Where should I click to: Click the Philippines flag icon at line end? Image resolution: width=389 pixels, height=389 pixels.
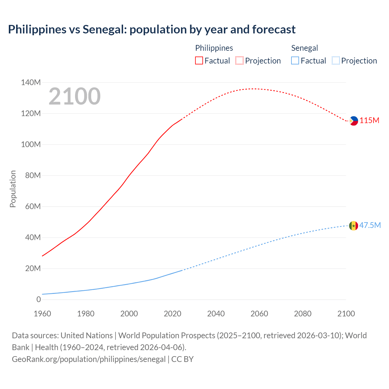coord(353,121)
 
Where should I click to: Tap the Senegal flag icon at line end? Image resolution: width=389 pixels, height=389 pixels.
coord(353,225)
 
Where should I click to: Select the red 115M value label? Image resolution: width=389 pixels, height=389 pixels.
coord(370,121)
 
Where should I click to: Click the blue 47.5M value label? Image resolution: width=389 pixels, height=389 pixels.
coord(370,225)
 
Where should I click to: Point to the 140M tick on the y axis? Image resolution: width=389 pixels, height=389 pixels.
coord(31,82)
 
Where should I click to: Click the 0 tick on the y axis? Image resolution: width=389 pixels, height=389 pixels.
coord(39,299)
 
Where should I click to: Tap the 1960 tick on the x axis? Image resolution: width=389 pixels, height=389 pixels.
coord(42,314)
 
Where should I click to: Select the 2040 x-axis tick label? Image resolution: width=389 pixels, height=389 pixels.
coord(216,314)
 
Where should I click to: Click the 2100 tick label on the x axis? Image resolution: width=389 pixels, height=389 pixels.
coord(346,314)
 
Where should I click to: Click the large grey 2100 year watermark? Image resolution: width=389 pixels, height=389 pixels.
coord(74,96)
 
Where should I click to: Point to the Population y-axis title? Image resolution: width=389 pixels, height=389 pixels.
coord(13,189)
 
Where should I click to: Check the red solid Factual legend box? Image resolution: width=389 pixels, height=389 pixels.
coord(199,61)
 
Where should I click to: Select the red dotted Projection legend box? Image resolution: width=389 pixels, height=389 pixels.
coord(239,61)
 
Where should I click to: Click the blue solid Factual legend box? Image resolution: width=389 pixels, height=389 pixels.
coord(295,61)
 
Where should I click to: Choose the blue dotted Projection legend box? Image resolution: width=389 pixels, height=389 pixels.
coord(336,61)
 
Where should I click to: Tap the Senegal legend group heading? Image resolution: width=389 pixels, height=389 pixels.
coord(305,48)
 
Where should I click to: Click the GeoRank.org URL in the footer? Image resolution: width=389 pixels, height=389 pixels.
coord(89,359)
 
